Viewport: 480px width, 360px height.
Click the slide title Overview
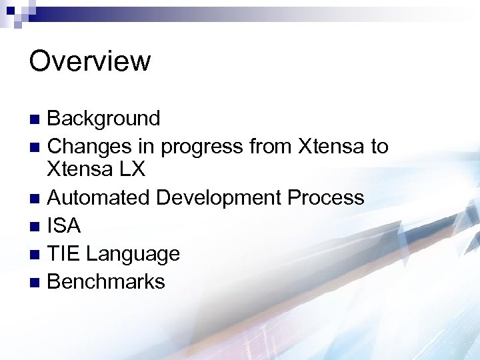[90, 61]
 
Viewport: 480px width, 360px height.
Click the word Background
[104, 119]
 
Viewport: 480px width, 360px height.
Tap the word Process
[330, 198]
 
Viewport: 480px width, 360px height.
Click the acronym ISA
[64, 226]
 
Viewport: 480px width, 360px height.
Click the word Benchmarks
[106, 281]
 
